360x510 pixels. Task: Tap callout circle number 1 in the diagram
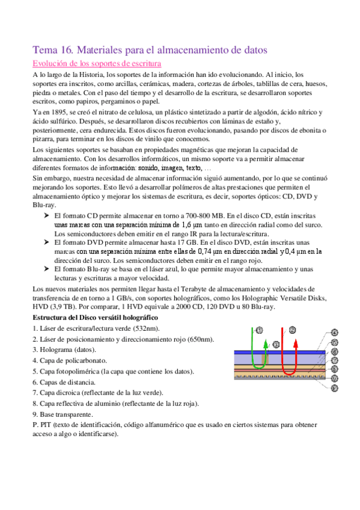point(259,330)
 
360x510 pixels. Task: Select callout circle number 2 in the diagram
point(292,330)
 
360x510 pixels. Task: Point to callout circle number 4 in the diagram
point(335,332)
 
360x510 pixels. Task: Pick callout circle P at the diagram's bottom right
point(335,389)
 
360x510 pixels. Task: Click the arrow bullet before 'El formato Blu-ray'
point(46,268)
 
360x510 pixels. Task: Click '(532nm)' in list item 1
point(147,328)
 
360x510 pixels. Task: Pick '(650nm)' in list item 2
point(200,339)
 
